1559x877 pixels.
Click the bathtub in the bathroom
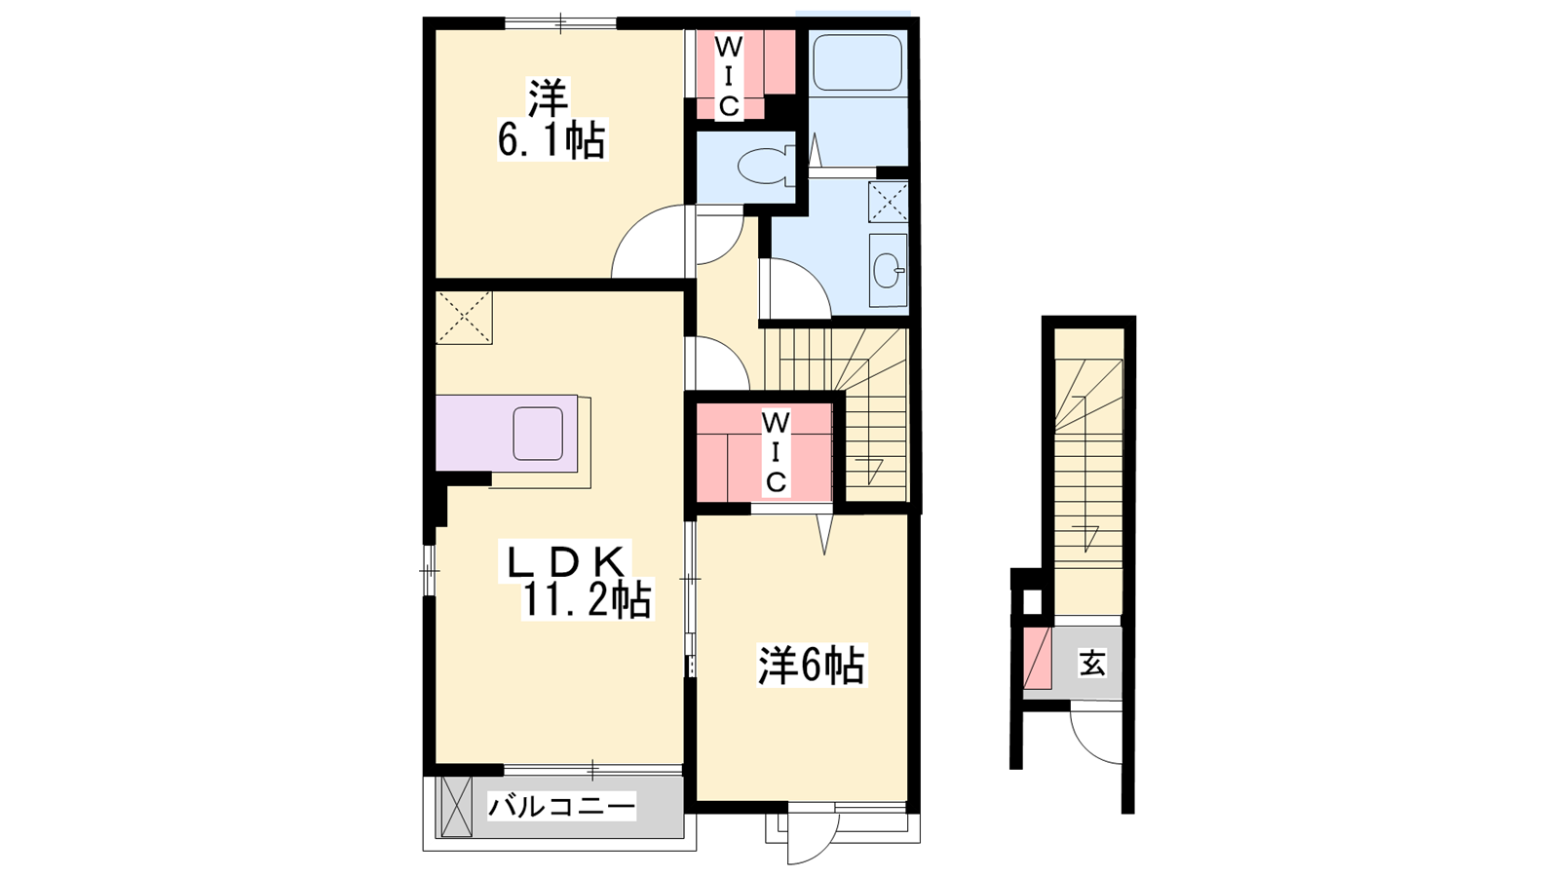click(857, 61)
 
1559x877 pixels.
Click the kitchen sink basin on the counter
click(538, 434)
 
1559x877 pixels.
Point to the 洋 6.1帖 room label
click(551, 119)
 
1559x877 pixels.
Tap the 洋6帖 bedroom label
click(812, 666)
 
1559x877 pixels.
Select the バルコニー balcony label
click(561, 808)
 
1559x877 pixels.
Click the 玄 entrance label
click(1092, 663)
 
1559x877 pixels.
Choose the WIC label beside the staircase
click(776, 452)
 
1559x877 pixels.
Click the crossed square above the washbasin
click(888, 201)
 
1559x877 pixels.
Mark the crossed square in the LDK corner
click(464, 318)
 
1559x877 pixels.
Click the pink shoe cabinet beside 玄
click(1037, 658)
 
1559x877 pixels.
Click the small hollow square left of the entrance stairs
click(1033, 602)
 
